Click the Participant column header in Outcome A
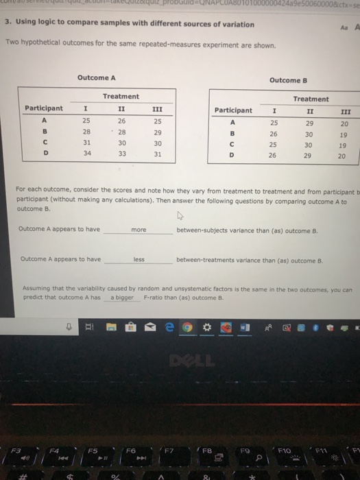(x=44, y=108)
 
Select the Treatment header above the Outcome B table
(x=310, y=99)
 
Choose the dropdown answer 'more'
(x=139, y=230)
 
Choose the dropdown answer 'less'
(x=139, y=260)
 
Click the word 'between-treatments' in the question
(x=204, y=260)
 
